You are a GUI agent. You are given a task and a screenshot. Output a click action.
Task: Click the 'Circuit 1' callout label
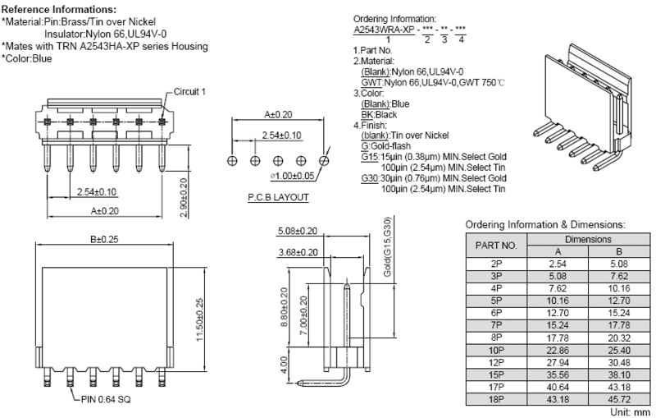[x=189, y=92]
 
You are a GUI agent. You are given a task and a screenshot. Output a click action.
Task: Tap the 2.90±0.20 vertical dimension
[x=184, y=198]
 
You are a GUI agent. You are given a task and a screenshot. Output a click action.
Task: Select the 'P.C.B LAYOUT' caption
[x=278, y=197]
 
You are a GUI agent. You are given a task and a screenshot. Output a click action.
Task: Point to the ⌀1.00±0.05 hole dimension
[x=292, y=176]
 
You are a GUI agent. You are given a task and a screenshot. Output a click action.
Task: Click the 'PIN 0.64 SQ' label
[x=106, y=400]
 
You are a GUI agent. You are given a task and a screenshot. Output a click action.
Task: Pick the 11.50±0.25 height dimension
[x=199, y=319]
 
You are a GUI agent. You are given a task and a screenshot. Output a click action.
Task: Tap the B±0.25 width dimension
[x=104, y=239]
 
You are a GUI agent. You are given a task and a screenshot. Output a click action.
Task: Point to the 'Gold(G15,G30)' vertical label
[x=387, y=246]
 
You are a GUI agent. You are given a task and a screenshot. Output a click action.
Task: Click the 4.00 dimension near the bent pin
[x=284, y=365]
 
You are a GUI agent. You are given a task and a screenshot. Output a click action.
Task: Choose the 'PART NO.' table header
[x=496, y=245]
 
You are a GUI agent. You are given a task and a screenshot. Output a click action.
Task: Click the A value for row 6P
[x=558, y=313]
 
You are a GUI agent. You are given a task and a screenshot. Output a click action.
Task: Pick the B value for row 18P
[x=619, y=399]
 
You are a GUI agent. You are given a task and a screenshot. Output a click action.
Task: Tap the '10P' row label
[x=496, y=350]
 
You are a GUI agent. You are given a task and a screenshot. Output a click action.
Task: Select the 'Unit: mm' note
[x=630, y=412]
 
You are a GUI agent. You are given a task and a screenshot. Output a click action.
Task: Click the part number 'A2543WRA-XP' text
[x=384, y=30]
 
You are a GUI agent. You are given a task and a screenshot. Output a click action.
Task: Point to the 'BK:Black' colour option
[x=379, y=115]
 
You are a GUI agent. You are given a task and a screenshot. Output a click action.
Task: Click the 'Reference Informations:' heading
[x=59, y=9]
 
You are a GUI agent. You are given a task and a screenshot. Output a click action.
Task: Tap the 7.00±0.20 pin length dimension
[x=303, y=315]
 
